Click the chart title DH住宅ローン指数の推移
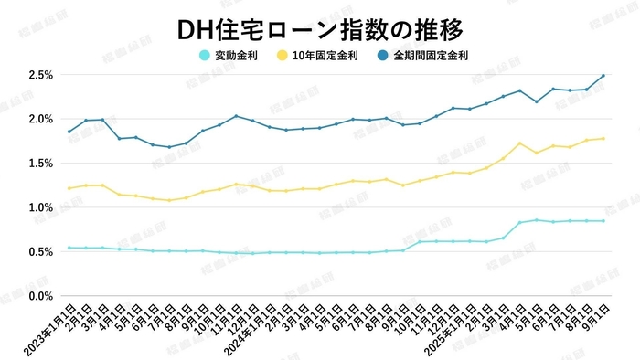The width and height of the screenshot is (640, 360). (320, 29)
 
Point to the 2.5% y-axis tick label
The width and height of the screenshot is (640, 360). (40, 75)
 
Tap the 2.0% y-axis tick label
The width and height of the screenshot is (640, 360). (40, 119)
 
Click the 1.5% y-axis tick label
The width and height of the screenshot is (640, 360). (40, 164)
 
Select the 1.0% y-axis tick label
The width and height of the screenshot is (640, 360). (40, 207)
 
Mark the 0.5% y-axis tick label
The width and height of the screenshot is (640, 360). (40, 252)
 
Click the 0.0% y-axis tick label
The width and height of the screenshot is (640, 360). (40, 296)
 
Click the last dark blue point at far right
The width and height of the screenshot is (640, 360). (603, 76)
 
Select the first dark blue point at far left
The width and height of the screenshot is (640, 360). (69, 132)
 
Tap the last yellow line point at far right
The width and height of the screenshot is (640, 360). (603, 139)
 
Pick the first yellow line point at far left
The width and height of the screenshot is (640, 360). (69, 189)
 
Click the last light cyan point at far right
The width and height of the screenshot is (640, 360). (603, 221)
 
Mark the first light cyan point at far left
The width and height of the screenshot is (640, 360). (69, 248)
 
